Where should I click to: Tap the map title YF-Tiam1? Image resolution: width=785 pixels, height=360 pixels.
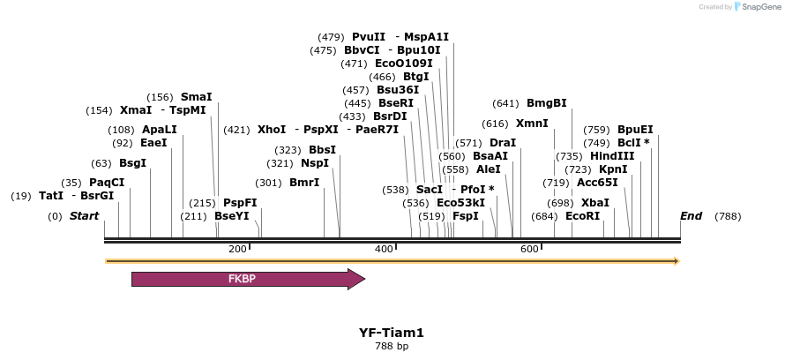pyautogui.click(x=392, y=333)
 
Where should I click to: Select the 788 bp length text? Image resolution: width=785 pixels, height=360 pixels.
pyautogui.click(x=392, y=346)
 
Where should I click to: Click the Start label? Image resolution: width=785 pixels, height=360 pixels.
pyautogui.click(x=84, y=216)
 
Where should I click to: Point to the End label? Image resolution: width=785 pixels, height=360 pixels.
pyautogui.click(x=691, y=216)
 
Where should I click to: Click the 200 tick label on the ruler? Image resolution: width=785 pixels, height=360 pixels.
pyautogui.click(x=237, y=249)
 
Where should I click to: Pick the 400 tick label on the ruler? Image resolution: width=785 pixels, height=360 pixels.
pyautogui.click(x=384, y=249)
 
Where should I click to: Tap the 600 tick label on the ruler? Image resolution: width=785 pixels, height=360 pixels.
pyautogui.click(x=529, y=249)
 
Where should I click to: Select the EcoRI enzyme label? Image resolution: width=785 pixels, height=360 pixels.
pyautogui.click(x=582, y=216)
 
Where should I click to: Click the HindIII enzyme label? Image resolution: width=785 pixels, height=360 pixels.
pyautogui.click(x=612, y=156)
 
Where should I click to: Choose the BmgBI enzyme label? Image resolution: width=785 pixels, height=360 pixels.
pyautogui.click(x=546, y=102)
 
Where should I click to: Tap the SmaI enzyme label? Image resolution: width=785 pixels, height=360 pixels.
pyautogui.click(x=196, y=97)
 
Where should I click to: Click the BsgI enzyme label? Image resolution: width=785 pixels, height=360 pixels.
pyautogui.click(x=132, y=163)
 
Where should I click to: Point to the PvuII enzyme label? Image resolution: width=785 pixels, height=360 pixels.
pyautogui.click(x=368, y=37)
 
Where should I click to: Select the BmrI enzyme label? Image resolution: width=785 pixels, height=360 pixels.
pyautogui.click(x=304, y=183)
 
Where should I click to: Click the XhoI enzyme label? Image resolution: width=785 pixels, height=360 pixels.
pyautogui.click(x=272, y=130)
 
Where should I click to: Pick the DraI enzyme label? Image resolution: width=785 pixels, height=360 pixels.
pyautogui.click(x=503, y=143)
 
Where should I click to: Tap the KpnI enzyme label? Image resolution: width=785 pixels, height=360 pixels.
pyautogui.click(x=613, y=169)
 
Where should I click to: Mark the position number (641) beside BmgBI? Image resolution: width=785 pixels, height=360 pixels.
pyautogui.click(x=506, y=102)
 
